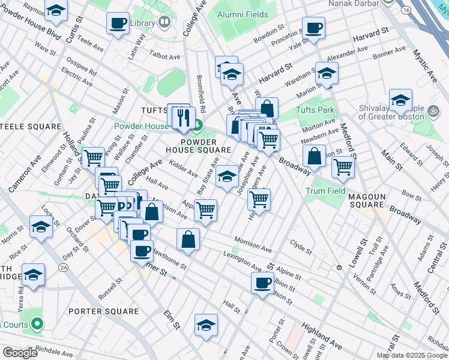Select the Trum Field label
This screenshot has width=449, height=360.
tap(326, 191)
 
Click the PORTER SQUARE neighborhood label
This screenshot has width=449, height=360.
tap(103, 311)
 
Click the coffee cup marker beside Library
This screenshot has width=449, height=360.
tap(118, 23)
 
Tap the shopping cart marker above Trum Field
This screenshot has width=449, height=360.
tap(343, 166)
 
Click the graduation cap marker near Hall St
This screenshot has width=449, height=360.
tap(206, 325)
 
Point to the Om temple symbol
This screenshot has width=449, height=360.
tap(431, 111)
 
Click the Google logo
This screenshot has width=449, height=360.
tap(20, 353)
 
